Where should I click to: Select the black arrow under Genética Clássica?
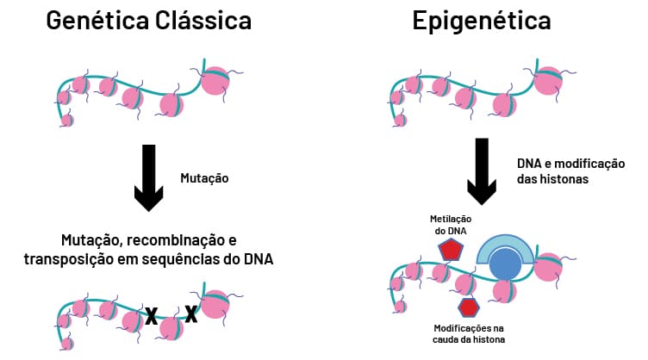150,177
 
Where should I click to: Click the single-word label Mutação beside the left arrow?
205,178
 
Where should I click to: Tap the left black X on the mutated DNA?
151,316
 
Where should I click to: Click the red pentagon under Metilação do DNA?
451,250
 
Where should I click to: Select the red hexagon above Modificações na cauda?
468,307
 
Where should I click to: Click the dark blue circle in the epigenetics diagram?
505,265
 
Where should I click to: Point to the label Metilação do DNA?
451,226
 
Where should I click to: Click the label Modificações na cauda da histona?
467,334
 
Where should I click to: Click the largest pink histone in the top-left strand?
215,80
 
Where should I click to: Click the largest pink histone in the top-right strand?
548,81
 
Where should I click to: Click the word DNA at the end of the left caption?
254,258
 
